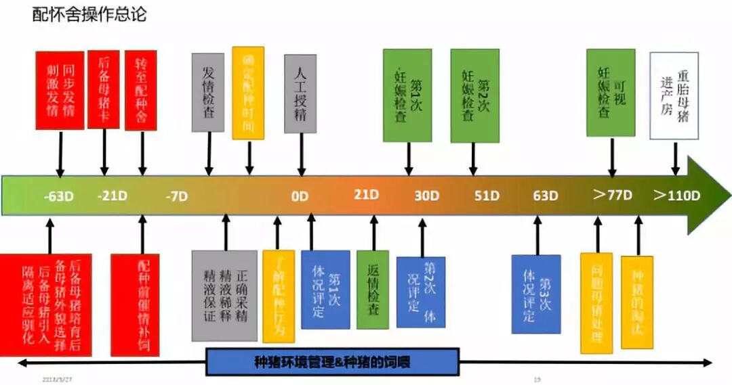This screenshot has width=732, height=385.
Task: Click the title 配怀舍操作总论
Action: (89, 14)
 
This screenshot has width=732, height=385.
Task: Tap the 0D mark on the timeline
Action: (300, 197)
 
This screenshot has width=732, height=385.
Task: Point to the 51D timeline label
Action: (486, 196)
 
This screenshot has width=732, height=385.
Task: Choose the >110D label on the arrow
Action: (676, 196)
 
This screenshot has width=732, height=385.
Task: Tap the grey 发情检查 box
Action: (208, 92)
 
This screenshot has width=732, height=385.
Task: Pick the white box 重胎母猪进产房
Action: (674, 95)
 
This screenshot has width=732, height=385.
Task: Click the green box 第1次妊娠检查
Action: (407, 95)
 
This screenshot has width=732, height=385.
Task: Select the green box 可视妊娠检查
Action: (611, 93)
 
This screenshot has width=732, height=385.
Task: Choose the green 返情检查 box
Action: (373, 290)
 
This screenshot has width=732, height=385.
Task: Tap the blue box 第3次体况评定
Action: (536, 294)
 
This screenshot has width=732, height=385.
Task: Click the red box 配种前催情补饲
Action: (134, 304)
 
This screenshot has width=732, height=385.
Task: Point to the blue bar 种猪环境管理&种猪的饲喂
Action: (332, 362)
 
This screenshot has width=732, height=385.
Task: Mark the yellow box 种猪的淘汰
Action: (637, 302)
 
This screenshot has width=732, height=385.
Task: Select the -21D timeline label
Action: (111, 196)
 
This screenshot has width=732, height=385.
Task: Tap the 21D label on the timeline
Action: (366, 195)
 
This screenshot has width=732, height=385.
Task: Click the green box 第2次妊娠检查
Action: (474, 95)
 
